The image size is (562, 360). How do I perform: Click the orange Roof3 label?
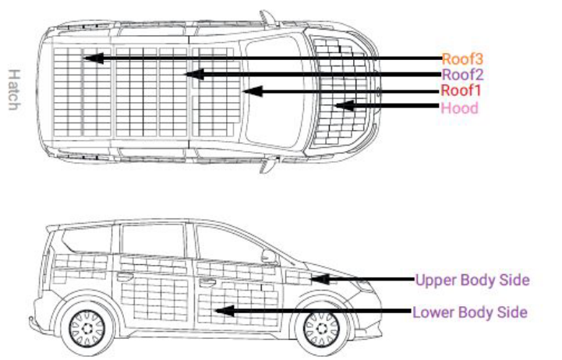[462, 59]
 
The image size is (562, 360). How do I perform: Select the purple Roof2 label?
[462, 75]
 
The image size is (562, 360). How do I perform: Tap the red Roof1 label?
[461, 90]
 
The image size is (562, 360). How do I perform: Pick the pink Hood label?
[459, 108]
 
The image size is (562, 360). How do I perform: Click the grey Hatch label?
[14, 90]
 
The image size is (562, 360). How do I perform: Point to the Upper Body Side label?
[472, 280]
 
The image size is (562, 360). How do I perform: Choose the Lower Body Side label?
[470, 312]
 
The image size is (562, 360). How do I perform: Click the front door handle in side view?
[207, 283]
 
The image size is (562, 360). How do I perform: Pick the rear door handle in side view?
[125, 277]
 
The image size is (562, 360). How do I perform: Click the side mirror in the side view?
[269, 256]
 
